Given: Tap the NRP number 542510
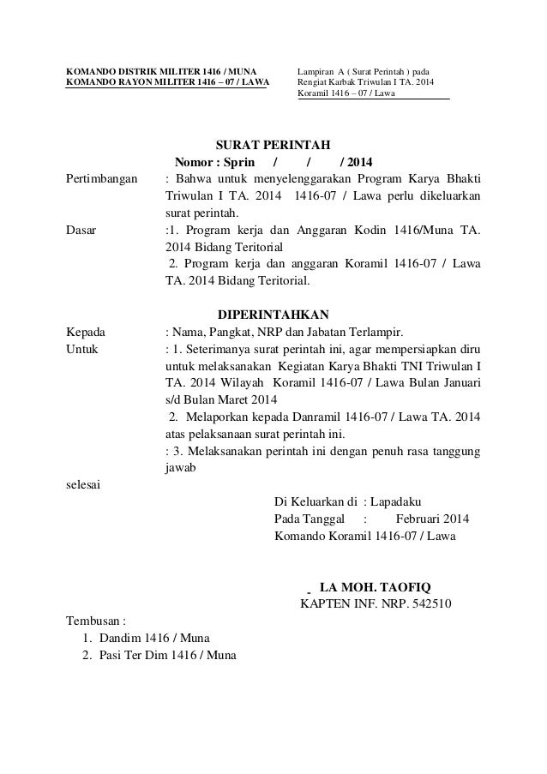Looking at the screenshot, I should pos(431,604).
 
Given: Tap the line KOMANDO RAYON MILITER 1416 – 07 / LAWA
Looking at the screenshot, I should pos(167,83).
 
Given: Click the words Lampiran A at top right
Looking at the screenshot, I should pos(318,70).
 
